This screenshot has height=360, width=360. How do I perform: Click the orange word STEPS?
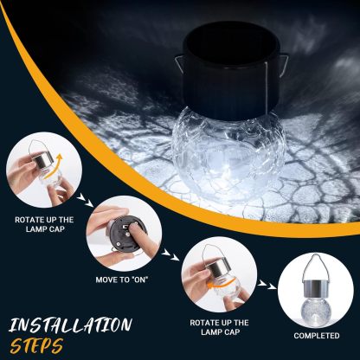coord(37,345)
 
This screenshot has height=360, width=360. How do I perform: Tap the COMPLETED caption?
coord(316,335)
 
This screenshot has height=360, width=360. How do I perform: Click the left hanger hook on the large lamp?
coord(176,66)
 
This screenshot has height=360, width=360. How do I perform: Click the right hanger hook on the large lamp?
coord(286,66)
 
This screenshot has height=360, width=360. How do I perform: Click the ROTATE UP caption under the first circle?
coord(42,226)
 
